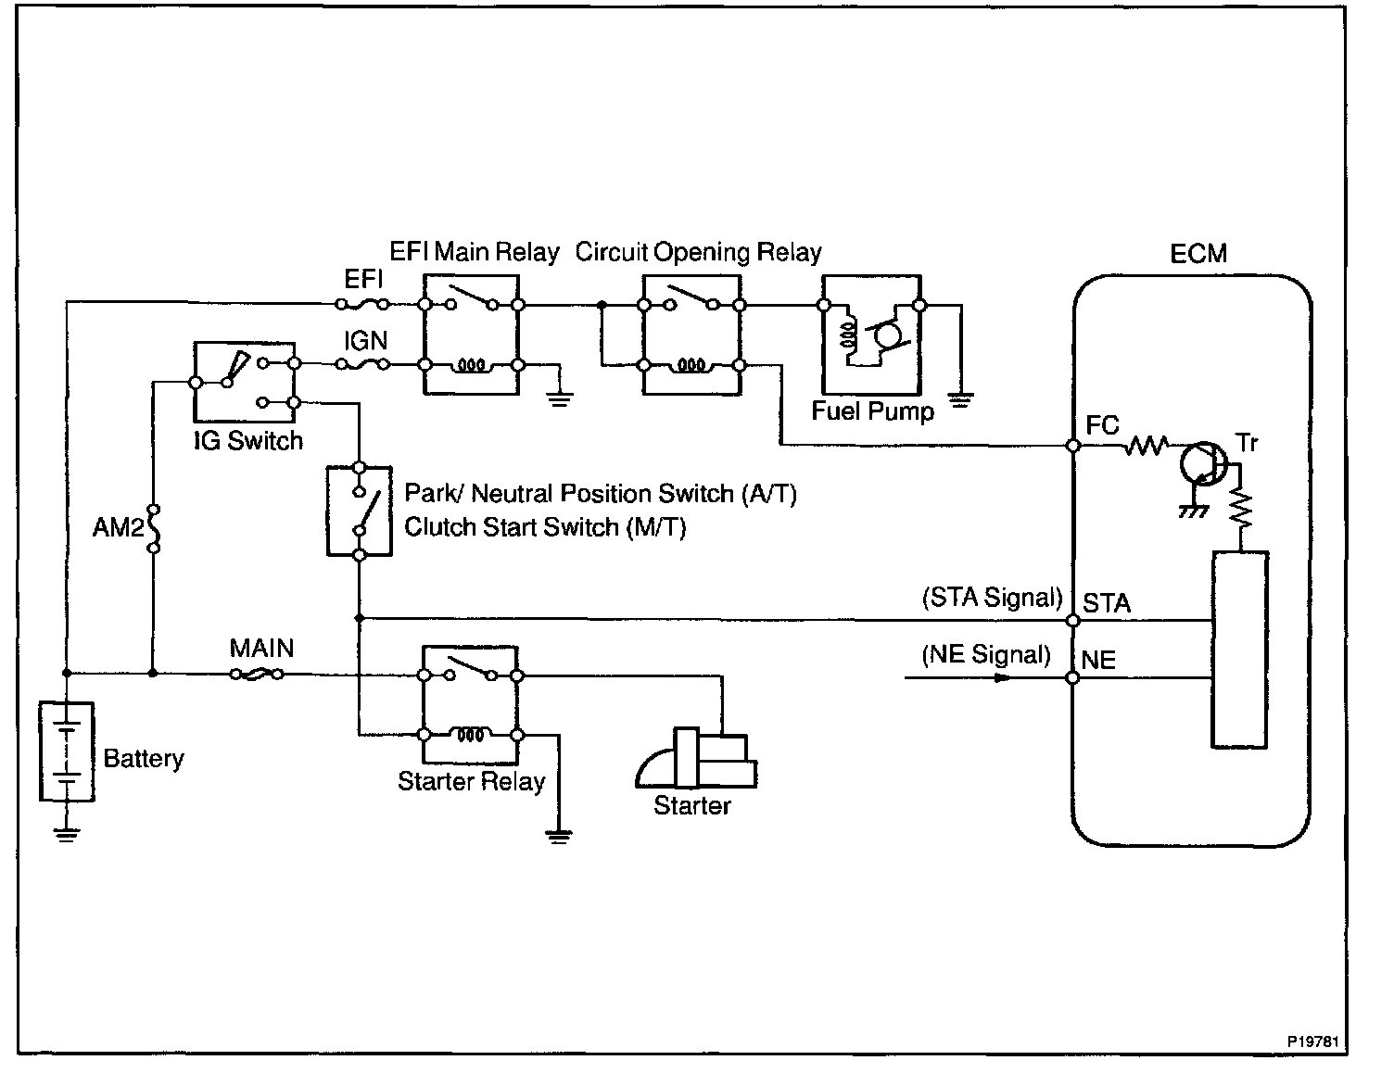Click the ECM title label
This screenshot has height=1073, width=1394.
point(1198,253)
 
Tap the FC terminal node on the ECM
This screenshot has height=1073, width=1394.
point(1072,445)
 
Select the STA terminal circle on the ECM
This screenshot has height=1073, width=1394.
point(1072,620)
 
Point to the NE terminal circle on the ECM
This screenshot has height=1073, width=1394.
point(1072,678)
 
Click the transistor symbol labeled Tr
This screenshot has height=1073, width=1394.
point(1203,463)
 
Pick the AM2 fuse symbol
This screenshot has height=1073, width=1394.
point(153,528)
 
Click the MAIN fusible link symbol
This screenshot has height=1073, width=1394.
point(257,674)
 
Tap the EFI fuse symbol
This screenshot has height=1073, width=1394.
point(363,304)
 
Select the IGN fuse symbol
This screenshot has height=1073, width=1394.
point(363,364)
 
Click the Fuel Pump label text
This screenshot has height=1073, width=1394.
point(872,411)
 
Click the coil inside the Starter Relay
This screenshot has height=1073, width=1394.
point(470,735)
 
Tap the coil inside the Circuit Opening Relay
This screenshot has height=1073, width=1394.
point(691,365)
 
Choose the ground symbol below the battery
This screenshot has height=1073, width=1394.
point(67,834)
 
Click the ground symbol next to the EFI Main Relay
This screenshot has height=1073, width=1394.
point(560,399)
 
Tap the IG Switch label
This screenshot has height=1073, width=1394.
point(248,441)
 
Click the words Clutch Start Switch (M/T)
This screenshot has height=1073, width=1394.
point(545,527)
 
